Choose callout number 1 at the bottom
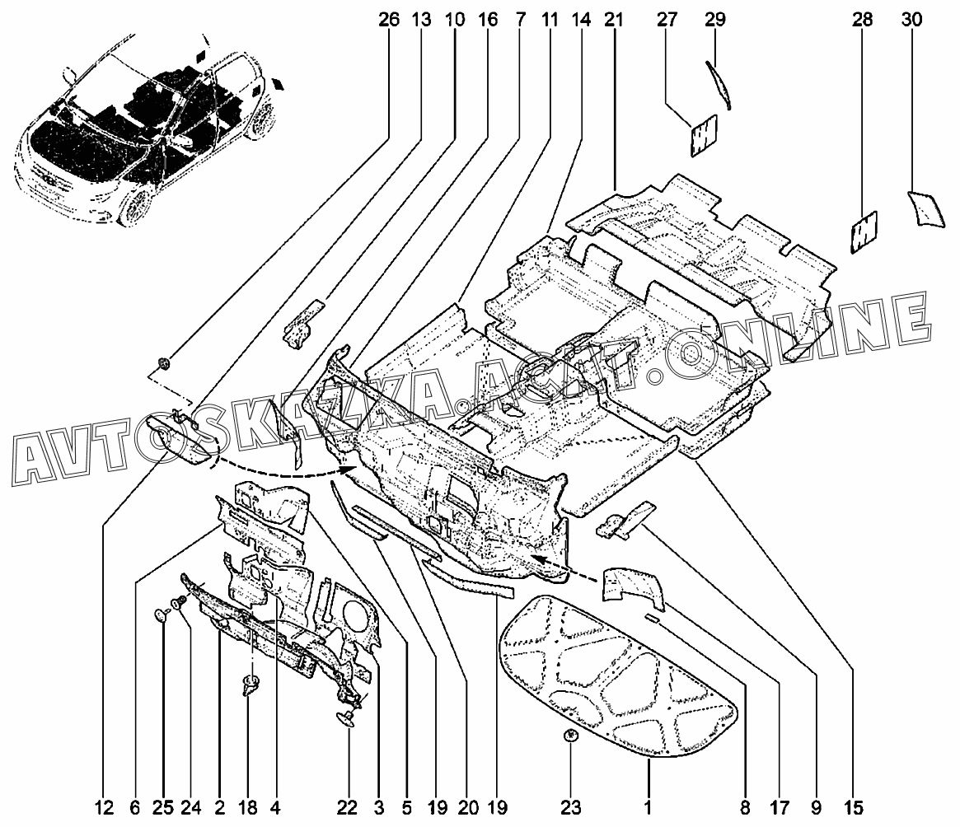(x=649, y=807)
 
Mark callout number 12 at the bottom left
(x=104, y=807)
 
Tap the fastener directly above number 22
(x=345, y=720)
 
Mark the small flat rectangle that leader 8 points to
(x=653, y=616)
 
